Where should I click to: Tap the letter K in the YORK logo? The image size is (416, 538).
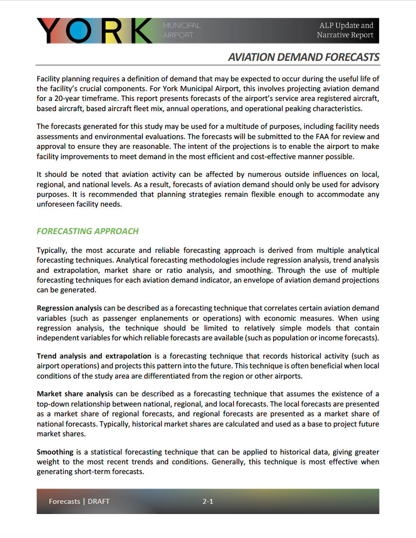(x=137, y=31)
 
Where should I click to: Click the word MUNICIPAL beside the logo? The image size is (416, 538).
(x=182, y=25)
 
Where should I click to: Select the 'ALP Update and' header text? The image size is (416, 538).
(x=346, y=25)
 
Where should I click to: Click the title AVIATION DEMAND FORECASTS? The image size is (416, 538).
(x=303, y=57)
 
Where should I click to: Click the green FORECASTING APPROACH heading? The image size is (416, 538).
(x=88, y=231)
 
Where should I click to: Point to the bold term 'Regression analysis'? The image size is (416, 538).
(x=69, y=308)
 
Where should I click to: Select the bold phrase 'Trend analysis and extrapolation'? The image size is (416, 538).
(x=94, y=356)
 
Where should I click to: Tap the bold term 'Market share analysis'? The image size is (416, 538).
(x=75, y=394)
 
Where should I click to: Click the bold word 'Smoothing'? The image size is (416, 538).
(x=55, y=452)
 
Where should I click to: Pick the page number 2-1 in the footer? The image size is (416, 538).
(x=208, y=502)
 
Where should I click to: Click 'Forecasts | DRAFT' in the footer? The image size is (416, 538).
(x=79, y=502)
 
